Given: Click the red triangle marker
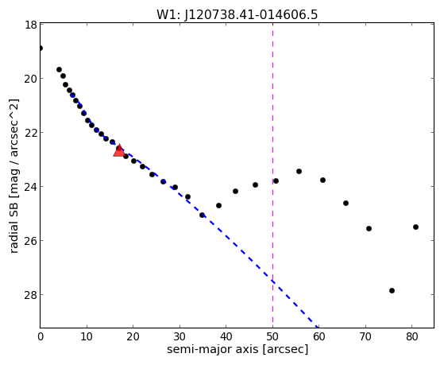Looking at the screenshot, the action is tap(119, 151).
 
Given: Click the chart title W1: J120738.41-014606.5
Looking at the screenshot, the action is tap(237, 15).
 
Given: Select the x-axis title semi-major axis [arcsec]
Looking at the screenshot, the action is tap(237, 349).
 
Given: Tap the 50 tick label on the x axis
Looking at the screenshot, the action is tap(272, 337).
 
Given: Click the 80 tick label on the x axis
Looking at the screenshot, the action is tap(412, 337).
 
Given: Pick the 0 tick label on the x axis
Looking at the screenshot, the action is tap(41, 337).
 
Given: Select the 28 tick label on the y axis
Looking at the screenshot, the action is tap(30, 295).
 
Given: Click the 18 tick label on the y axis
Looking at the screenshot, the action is tap(30, 25).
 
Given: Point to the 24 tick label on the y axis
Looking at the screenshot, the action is tap(30, 187).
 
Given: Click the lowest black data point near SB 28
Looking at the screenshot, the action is tap(392, 290).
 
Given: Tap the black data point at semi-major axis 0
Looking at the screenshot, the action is tap(41, 48).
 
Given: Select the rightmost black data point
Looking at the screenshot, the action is tap(415, 227).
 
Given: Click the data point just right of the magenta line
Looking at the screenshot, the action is tap(276, 181).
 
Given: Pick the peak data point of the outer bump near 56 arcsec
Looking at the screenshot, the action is tap(299, 171).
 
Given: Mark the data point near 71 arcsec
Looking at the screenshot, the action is tap(369, 228).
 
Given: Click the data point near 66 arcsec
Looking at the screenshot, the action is tap(346, 203).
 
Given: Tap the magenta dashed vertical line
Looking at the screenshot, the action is tap(272, 175).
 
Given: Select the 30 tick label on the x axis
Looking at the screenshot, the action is tap(180, 337).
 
